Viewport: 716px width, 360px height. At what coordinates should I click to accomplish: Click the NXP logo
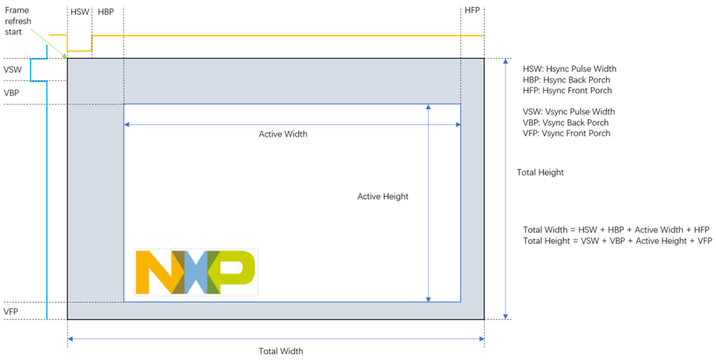click(196, 272)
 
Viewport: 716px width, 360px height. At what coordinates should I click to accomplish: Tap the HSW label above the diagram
click(80, 11)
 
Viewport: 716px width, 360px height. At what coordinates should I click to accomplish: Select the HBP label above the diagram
click(106, 11)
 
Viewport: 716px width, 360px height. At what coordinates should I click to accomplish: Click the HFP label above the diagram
click(472, 10)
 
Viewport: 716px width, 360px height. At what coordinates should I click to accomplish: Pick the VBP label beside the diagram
click(11, 93)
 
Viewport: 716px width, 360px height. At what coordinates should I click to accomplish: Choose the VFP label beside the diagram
click(11, 312)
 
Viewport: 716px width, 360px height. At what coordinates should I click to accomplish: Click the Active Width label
click(283, 134)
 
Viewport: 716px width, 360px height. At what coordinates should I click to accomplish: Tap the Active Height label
click(383, 197)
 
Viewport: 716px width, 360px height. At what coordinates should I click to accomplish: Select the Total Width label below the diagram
click(281, 351)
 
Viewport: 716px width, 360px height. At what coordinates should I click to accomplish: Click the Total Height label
click(540, 173)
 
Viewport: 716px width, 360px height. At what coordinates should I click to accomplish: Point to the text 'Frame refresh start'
click(17, 21)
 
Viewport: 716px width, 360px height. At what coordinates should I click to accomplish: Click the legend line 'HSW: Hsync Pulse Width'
click(569, 69)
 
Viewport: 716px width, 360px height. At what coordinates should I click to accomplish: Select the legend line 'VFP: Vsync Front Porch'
click(566, 133)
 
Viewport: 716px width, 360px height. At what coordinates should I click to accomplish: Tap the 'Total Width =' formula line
click(616, 230)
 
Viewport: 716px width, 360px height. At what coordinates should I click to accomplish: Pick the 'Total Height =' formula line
click(618, 241)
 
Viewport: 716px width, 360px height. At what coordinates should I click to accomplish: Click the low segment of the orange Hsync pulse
click(79, 51)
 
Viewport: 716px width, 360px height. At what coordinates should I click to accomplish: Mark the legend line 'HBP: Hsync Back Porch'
click(566, 80)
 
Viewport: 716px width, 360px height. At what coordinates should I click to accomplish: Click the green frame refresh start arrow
click(49, 43)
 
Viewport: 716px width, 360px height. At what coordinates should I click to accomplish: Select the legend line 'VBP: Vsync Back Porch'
click(566, 123)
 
